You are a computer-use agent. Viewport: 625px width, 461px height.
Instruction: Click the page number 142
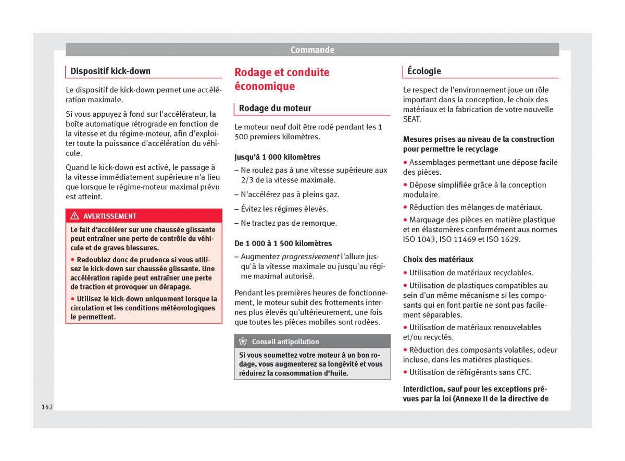pyautogui.click(x=47, y=407)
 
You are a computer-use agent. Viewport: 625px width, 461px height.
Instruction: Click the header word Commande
pyautogui.click(x=312, y=50)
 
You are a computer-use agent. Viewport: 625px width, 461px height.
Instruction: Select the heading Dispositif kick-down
pyautogui.click(x=110, y=71)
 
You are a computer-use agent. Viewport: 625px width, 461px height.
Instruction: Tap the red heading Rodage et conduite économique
pyautogui.click(x=282, y=79)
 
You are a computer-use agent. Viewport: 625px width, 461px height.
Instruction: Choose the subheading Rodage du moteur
pyautogui.click(x=275, y=108)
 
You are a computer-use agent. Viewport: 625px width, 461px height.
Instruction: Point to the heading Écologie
pyautogui.click(x=424, y=71)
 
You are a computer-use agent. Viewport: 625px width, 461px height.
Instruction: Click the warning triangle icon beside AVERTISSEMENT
pyautogui.click(x=74, y=216)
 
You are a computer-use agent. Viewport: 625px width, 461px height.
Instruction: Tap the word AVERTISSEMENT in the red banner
pyautogui.click(x=110, y=216)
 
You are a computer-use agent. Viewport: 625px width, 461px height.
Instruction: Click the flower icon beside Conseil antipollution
pyautogui.click(x=243, y=342)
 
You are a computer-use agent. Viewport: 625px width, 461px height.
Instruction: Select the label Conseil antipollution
pyautogui.click(x=285, y=342)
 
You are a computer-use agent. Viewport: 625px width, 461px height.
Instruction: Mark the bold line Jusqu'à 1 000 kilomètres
pyautogui.click(x=278, y=157)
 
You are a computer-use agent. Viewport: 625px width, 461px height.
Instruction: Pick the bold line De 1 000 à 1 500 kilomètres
pyautogui.click(x=283, y=244)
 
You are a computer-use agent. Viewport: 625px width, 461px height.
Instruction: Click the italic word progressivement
pyautogui.click(x=310, y=257)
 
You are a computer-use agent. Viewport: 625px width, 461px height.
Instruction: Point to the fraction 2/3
pyautogui.click(x=248, y=180)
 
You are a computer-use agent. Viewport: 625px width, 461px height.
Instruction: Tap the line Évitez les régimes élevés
pyautogui.click(x=284, y=209)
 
